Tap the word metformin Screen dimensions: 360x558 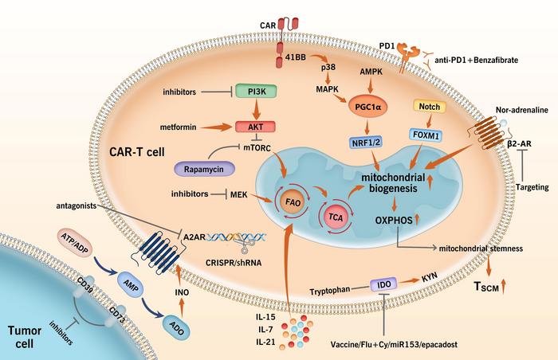tap(147, 125)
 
